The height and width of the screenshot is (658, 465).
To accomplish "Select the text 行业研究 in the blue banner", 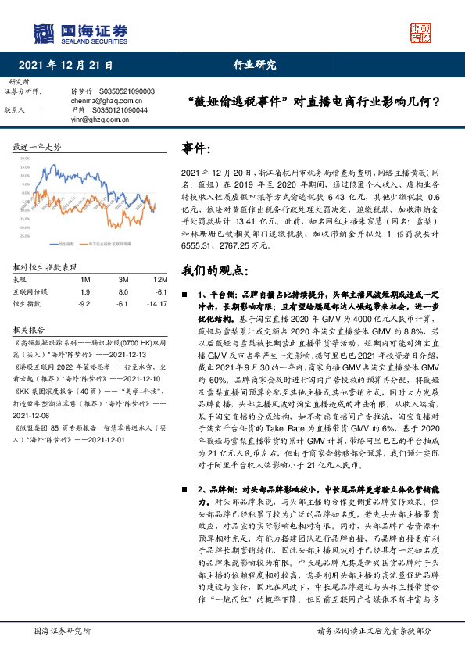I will click(x=255, y=66).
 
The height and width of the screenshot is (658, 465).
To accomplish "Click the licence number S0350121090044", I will click(x=127, y=110).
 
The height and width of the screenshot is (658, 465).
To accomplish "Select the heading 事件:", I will click(x=197, y=148).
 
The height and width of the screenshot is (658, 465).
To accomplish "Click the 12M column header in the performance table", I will click(x=161, y=280).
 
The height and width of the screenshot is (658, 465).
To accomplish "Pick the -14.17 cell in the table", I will click(x=159, y=302).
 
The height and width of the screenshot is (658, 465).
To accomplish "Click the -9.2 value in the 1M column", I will click(x=85, y=302).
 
